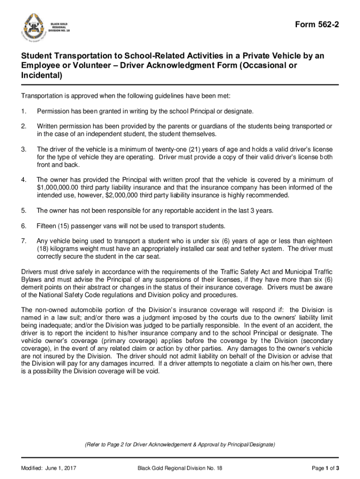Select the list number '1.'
[24, 111]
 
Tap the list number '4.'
[24, 180]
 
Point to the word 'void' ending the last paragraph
[152, 371]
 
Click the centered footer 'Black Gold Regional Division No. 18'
[180, 468]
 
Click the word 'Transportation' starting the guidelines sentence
[43, 96]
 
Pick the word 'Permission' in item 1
[53, 111]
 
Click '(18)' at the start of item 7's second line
[43, 249]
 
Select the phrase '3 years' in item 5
[263, 210]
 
